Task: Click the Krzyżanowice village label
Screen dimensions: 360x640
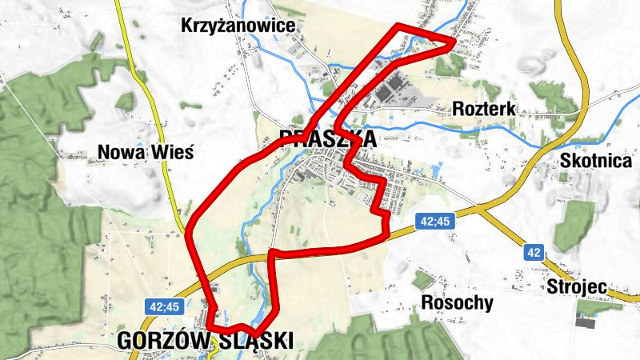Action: click(x=238, y=26)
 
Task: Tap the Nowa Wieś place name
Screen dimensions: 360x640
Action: click(x=145, y=152)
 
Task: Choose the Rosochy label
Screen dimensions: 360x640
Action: click(x=457, y=303)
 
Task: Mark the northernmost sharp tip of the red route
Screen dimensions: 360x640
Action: click(x=398, y=27)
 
